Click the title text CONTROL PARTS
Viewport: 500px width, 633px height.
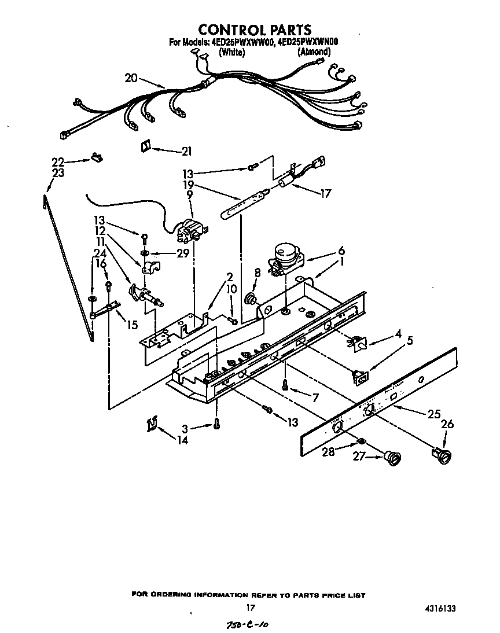(x=255, y=30)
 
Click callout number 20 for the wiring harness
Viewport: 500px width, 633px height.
(x=131, y=78)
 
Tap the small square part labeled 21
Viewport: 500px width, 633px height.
(x=145, y=146)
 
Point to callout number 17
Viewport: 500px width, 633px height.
(x=325, y=194)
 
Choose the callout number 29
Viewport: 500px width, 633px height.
(x=183, y=253)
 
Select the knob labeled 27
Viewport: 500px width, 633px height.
(x=394, y=458)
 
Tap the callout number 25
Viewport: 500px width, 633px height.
(x=434, y=414)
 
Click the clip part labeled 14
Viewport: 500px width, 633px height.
(x=151, y=425)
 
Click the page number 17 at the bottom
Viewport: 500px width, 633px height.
(x=250, y=608)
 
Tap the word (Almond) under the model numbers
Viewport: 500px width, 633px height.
(x=314, y=52)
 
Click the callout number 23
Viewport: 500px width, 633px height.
(x=58, y=172)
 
